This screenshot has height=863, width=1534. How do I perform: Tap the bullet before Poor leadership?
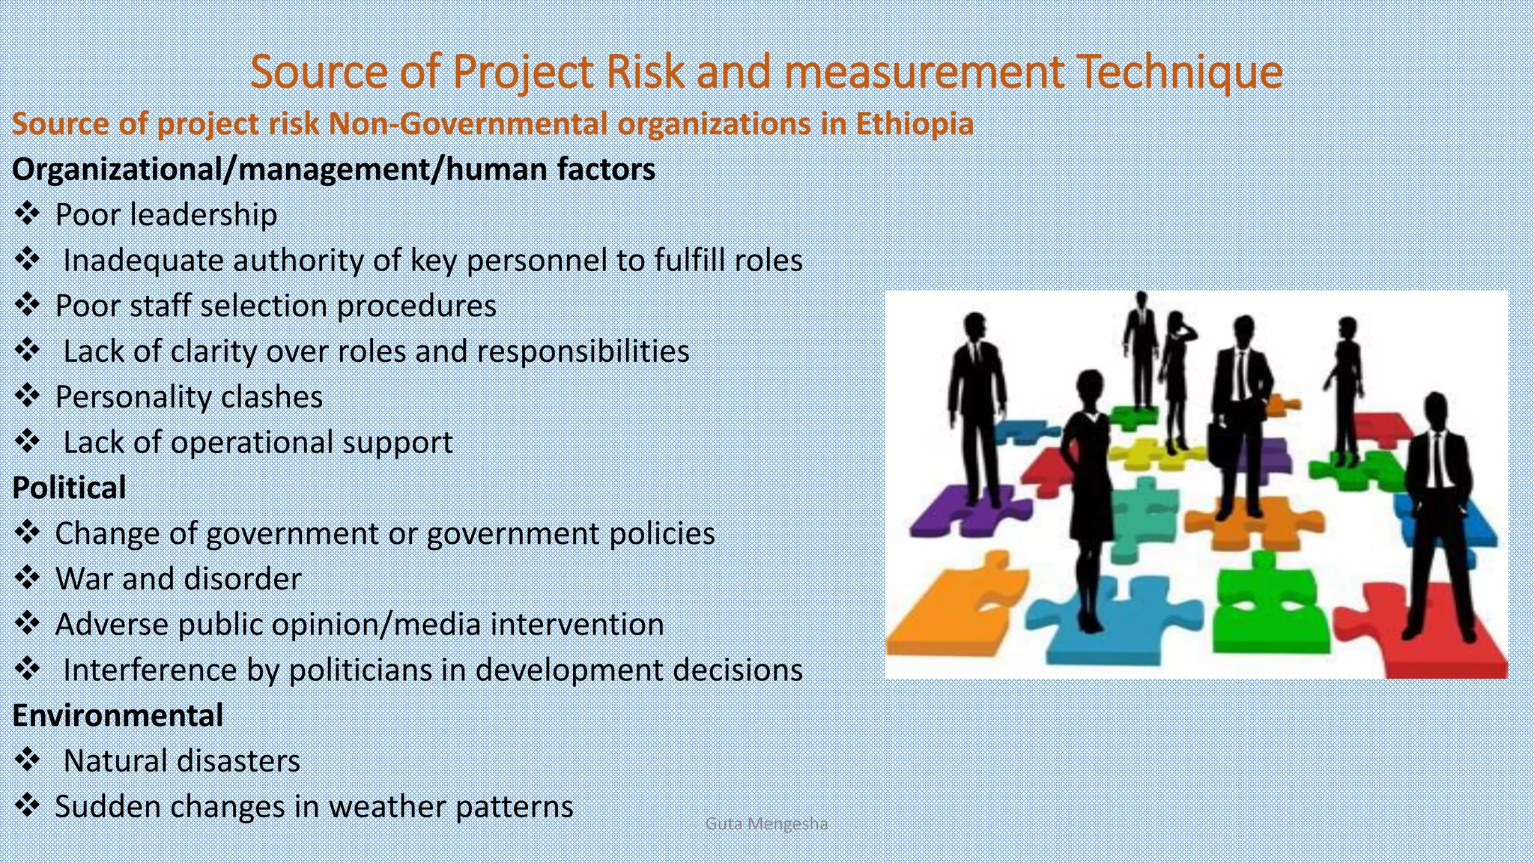click(28, 214)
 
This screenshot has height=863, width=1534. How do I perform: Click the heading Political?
click(69, 488)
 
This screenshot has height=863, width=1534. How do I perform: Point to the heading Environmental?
click(118, 715)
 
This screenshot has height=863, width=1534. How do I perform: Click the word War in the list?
click(84, 579)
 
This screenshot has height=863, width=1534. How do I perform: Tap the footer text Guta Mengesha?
click(766, 824)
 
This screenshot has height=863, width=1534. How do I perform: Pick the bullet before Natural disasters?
click(28, 760)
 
